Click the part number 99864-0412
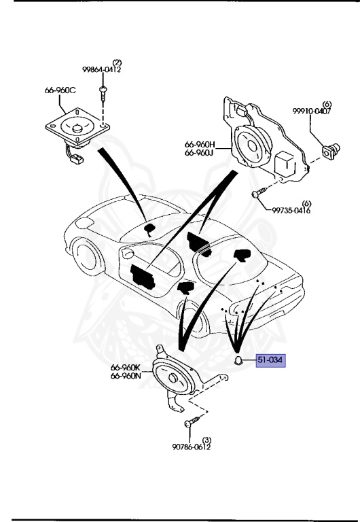click(102, 69)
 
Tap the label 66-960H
click(200, 144)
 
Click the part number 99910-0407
click(312, 111)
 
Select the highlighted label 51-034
click(271, 360)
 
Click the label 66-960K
click(126, 368)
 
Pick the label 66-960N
click(126, 376)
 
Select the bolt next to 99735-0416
click(256, 195)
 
